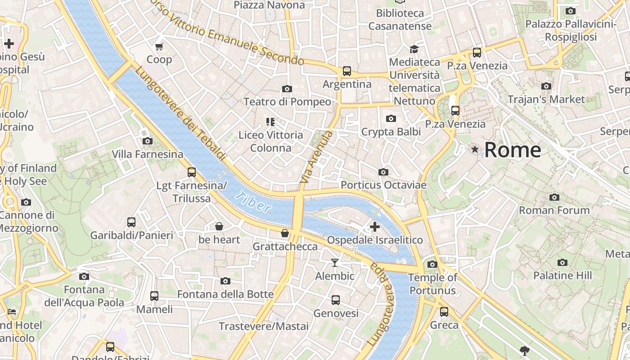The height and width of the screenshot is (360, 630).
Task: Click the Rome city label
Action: (513, 150)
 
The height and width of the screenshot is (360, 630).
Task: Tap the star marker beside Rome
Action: (475, 149)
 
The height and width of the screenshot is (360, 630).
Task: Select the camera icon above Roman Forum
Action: (554, 197)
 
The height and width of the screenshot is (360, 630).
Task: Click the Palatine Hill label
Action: (562, 275)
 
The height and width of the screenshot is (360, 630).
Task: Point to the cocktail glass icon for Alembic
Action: (335, 262)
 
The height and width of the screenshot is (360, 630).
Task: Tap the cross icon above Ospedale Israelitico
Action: (374, 227)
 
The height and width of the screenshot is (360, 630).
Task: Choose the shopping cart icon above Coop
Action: (159, 46)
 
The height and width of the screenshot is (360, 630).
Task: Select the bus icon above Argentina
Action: (346, 71)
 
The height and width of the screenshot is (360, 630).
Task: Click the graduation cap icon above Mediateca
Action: (414, 49)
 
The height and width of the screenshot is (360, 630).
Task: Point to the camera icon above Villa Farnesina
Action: (147, 141)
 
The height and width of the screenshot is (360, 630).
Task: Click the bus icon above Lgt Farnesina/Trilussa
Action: (192, 172)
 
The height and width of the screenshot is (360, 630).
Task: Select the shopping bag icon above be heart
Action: (219, 226)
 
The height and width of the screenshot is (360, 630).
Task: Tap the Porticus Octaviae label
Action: (383, 185)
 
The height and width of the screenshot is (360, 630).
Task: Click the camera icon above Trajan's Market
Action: (546, 86)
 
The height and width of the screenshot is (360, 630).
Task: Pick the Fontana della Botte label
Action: (225, 294)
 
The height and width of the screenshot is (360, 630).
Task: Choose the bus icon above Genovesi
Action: (336, 300)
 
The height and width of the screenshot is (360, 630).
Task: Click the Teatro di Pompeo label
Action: (287, 102)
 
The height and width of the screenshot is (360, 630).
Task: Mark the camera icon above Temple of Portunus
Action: (432, 264)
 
